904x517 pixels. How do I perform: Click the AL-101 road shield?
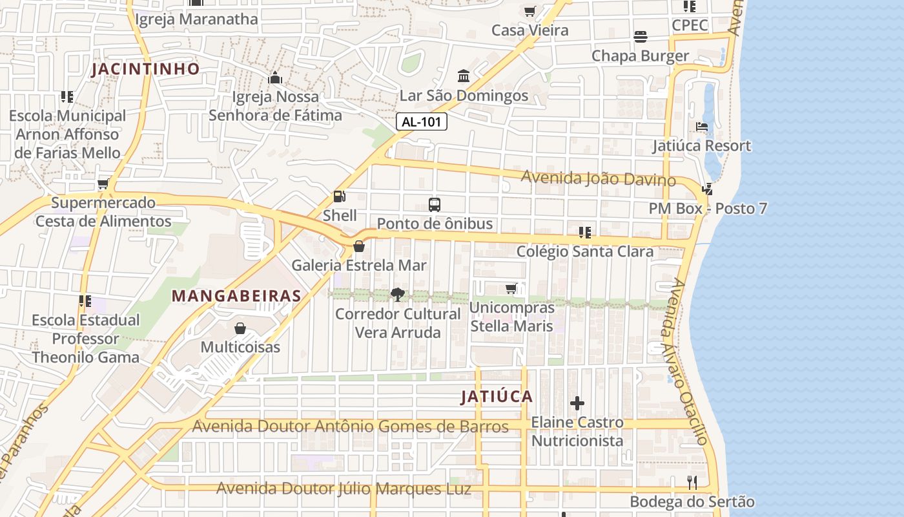coord(422,121)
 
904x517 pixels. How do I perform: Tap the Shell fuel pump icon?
coord(339,196)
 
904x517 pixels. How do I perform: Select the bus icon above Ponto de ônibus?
coord(435,205)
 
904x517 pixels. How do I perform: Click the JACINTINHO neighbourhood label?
coord(145,69)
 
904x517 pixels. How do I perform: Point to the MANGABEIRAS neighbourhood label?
coord(236,296)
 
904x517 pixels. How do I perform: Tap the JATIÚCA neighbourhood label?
coord(497,397)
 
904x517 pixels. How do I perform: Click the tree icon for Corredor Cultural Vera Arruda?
coord(398,295)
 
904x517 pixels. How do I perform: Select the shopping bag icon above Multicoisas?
coord(240,328)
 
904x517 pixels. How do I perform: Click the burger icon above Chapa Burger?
coord(641,37)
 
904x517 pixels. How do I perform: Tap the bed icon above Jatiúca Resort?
coord(702,127)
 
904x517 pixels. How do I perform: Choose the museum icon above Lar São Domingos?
coord(464,77)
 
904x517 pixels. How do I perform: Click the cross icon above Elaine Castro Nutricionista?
coord(577,404)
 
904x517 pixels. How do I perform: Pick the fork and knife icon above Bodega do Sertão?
coord(692,482)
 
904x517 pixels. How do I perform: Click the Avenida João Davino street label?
coord(598,178)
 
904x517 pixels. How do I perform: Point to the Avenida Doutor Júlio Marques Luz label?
coord(344,489)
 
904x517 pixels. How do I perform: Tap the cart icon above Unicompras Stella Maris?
coord(511,288)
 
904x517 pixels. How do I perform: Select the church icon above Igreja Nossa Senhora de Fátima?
coord(275,78)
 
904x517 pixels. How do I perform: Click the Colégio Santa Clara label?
coord(585,251)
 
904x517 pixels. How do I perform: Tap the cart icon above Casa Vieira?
coord(530,11)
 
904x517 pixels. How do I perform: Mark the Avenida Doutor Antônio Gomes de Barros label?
coord(351,427)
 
